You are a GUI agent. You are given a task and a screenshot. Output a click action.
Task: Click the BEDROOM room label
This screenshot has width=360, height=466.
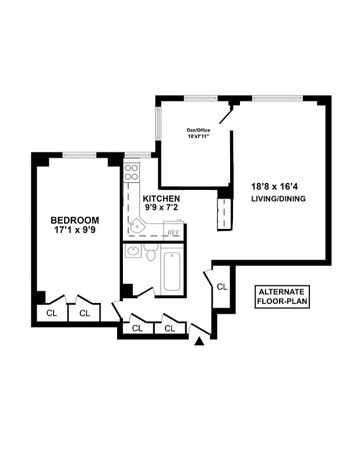(x=75, y=220)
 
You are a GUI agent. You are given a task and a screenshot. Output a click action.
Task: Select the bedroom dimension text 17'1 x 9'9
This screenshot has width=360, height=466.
(x=75, y=230)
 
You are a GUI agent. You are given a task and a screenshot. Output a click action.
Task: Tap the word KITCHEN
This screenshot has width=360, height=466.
(x=161, y=199)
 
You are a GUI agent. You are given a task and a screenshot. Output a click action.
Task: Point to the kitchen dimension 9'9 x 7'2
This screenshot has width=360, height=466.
(x=161, y=208)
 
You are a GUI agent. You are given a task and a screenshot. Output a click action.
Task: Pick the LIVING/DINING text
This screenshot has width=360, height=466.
(x=278, y=199)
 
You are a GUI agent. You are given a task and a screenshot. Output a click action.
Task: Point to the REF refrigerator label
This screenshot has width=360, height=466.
(x=173, y=233)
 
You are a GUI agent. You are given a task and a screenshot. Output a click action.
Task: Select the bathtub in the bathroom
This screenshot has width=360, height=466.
(x=174, y=271)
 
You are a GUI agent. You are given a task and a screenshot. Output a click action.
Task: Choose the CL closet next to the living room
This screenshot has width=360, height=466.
(x=222, y=287)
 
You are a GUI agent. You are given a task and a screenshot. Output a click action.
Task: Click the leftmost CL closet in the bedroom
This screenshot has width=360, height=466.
(x=52, y=313)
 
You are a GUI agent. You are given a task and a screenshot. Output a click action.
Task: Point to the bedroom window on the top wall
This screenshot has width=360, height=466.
(x=79, y=155)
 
